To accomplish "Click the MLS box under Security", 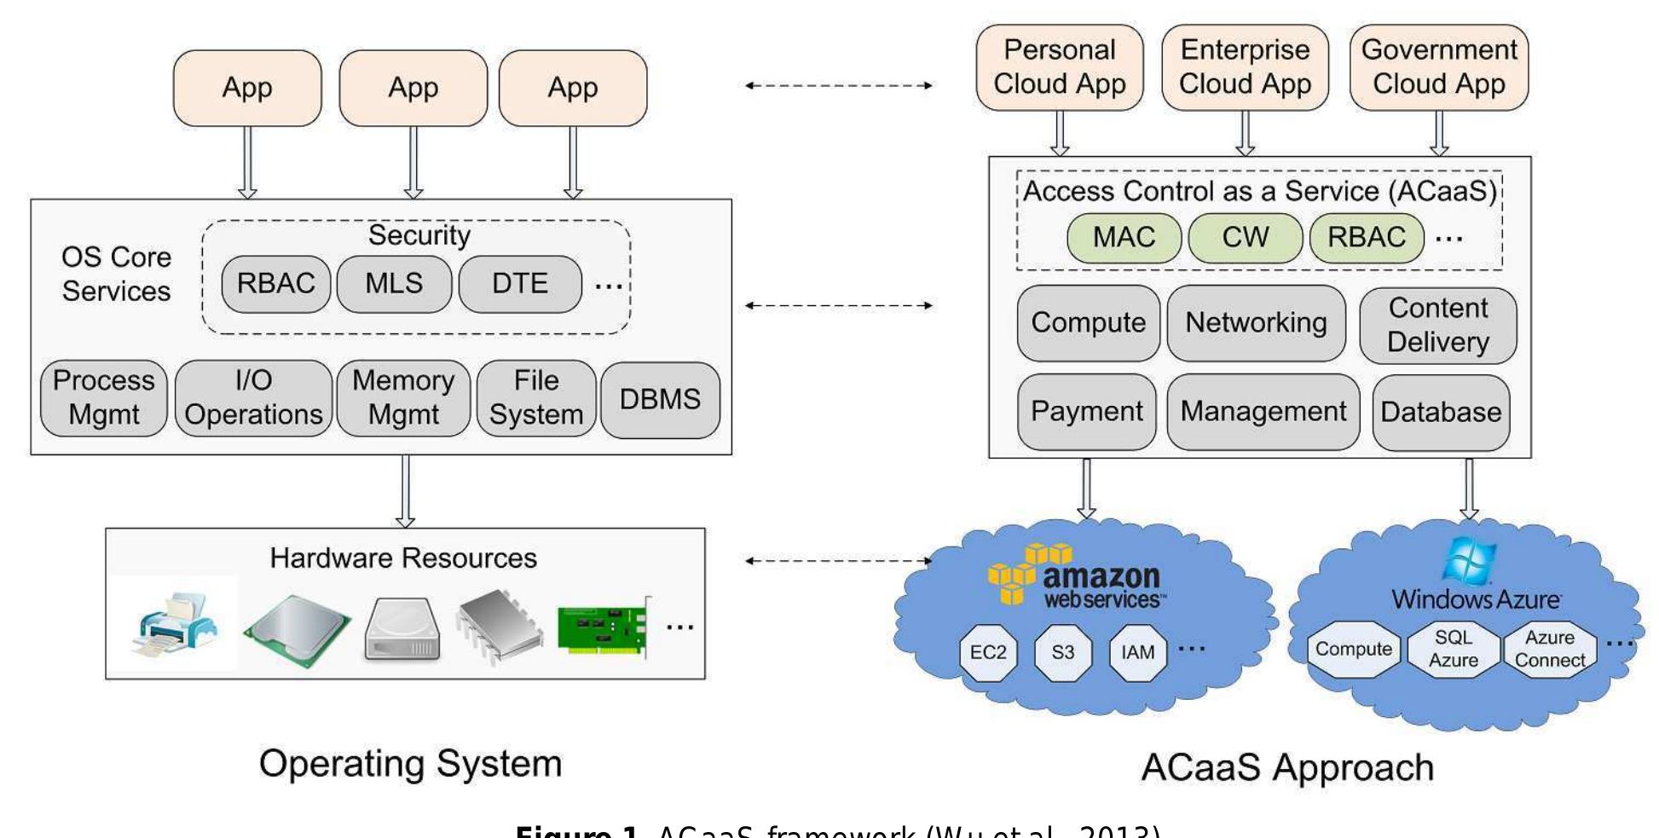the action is [x=394, y=284].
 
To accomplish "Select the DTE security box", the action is [x=520, y=284].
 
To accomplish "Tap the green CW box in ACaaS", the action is [x=1245, y=238].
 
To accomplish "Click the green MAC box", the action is [x=1124, y=238].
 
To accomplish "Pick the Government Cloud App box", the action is [x=1438, y=67].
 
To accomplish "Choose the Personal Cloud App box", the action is [x=1059, y=67].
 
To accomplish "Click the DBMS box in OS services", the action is [x=660, y=400].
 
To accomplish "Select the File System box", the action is [x=535, y=398].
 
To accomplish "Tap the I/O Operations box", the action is [x=253, y=398].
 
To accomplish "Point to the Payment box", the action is [x=1086, y=412].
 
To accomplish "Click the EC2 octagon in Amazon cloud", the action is [x=988, y=653].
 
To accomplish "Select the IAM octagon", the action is [x=1137, y=653].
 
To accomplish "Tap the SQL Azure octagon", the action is [x=1453, y=650].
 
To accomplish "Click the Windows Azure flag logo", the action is [x=1469, y=560].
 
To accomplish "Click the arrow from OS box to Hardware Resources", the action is [x=405, y=491].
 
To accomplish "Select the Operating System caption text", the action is [x=410, y=764].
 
